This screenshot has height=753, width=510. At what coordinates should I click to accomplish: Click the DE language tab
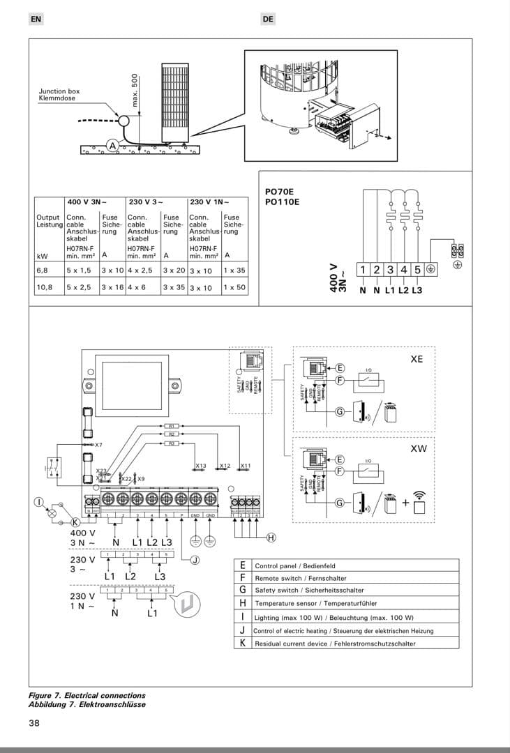269,20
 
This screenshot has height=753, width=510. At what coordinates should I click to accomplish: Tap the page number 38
34,723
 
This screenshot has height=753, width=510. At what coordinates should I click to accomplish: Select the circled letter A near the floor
112,146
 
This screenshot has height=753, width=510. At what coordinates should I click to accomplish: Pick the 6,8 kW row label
43,269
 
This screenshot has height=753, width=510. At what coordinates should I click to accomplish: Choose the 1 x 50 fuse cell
234,287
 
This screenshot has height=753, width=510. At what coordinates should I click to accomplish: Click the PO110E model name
282,202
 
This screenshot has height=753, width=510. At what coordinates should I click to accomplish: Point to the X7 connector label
98,444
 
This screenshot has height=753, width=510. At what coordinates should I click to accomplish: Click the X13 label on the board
201,465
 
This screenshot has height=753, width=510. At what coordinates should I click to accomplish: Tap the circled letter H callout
271,537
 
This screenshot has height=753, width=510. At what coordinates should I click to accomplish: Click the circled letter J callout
195,559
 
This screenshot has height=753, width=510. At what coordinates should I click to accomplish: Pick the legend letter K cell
242,643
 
